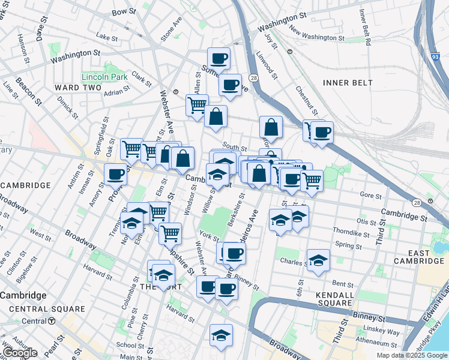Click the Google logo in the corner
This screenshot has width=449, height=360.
pos(20,353)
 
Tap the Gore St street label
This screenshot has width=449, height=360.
pos(370,195)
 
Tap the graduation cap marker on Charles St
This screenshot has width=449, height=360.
pos(319,260)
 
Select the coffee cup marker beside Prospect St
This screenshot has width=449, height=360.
pos(116,175)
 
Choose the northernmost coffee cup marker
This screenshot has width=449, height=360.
pos(218,59)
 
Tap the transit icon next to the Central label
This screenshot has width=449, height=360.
pos(52,321)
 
